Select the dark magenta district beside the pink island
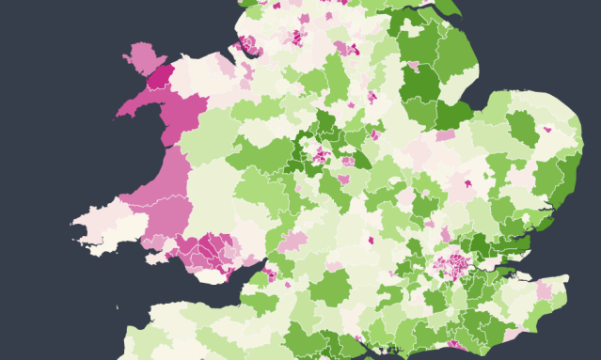click(160, 77)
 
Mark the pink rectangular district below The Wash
click(445, 135)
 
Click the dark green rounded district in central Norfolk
click(522, 127)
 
